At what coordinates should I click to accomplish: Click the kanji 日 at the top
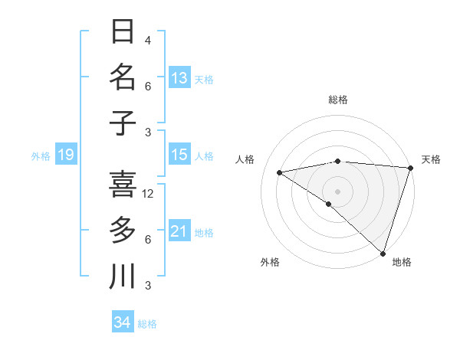(x=123, y=33)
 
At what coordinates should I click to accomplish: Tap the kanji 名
(x=123, y=78)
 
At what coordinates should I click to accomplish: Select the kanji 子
(x=123, y=123)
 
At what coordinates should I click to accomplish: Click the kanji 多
(x=123, y=230)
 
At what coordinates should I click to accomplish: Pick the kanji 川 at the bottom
(x=123, y=276)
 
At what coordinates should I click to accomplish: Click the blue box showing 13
(x=179, y=78)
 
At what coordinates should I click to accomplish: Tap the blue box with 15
(x=179, y=155)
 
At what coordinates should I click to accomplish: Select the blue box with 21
(x=179, y=231)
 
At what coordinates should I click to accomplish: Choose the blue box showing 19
(x=65, y=155)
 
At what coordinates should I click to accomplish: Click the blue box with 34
(x=122, y=322)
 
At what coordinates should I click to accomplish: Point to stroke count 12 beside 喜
(x=148, y=194)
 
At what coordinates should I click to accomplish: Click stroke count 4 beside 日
(x=148, y=41)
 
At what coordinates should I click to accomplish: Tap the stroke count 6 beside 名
(x=148, y=87)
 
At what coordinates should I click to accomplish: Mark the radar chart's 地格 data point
(x=383, y=253)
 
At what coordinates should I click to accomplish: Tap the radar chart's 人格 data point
(x=280, y=172)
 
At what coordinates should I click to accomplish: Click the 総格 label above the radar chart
(x=338, y=100)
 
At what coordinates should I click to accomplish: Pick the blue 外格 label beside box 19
(x=41, y=156)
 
